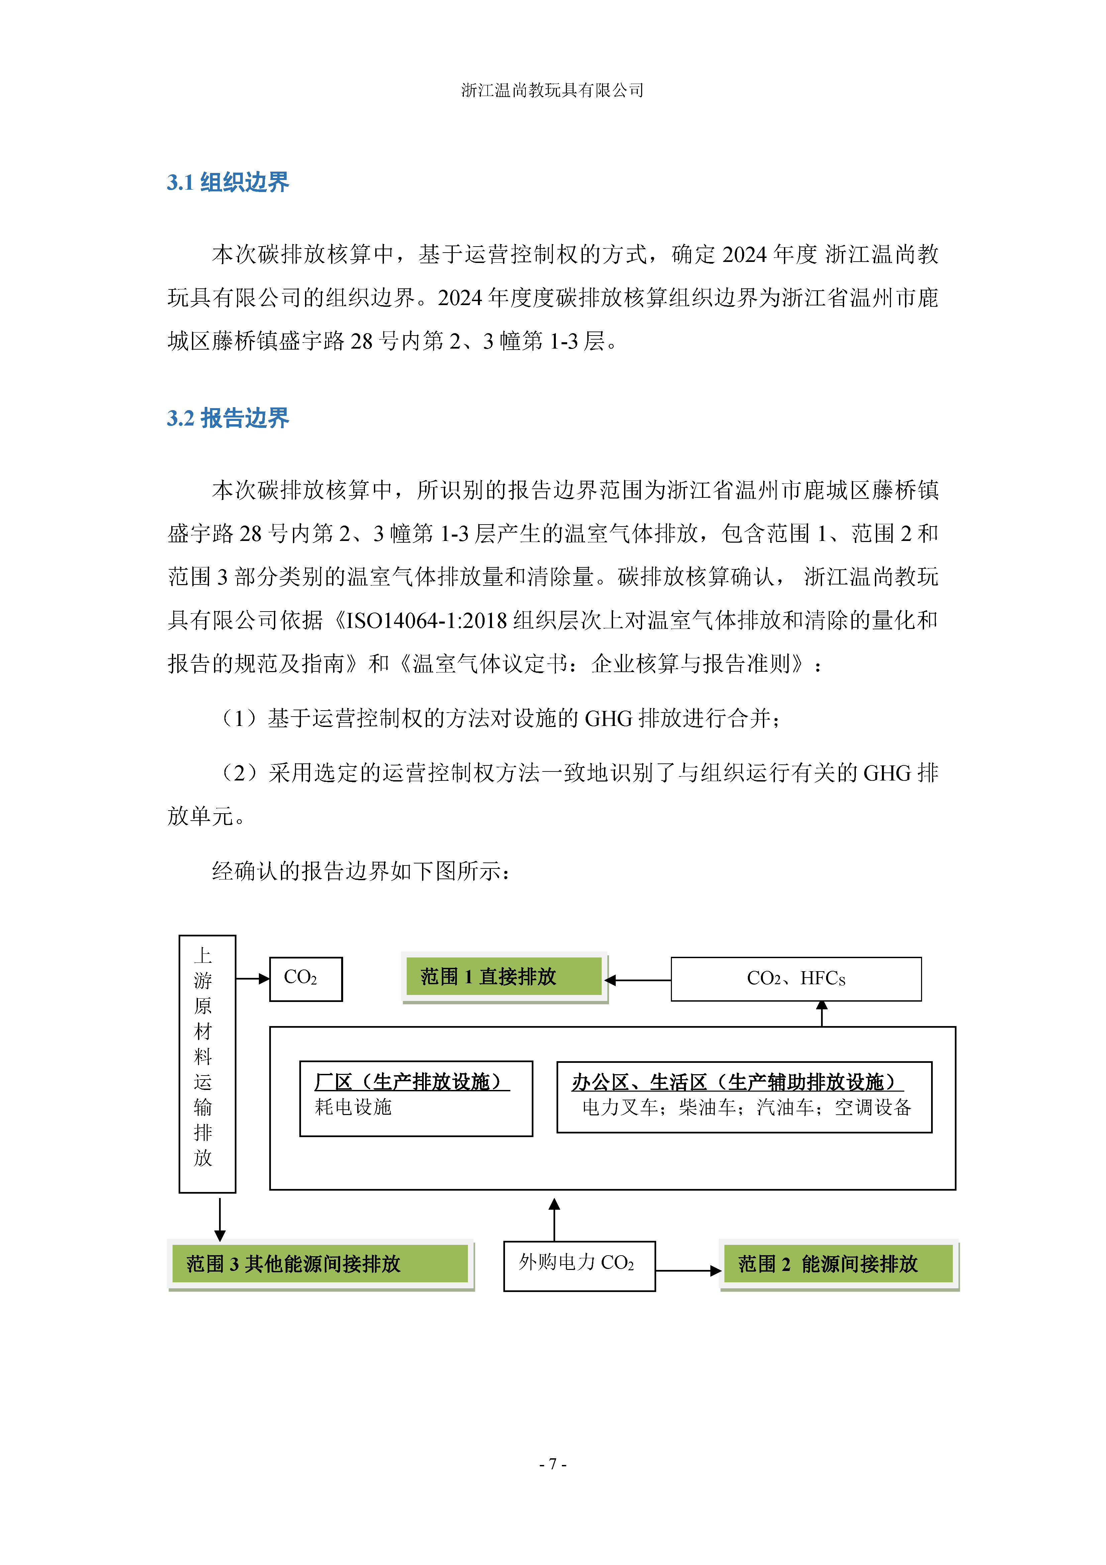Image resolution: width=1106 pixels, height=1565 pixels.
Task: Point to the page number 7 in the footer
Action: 552,1463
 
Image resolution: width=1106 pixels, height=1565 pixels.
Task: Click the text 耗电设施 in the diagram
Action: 353,1107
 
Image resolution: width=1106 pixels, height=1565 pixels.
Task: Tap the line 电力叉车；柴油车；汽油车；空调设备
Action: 746,1108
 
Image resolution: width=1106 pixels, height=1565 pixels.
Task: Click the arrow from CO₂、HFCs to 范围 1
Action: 638,980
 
